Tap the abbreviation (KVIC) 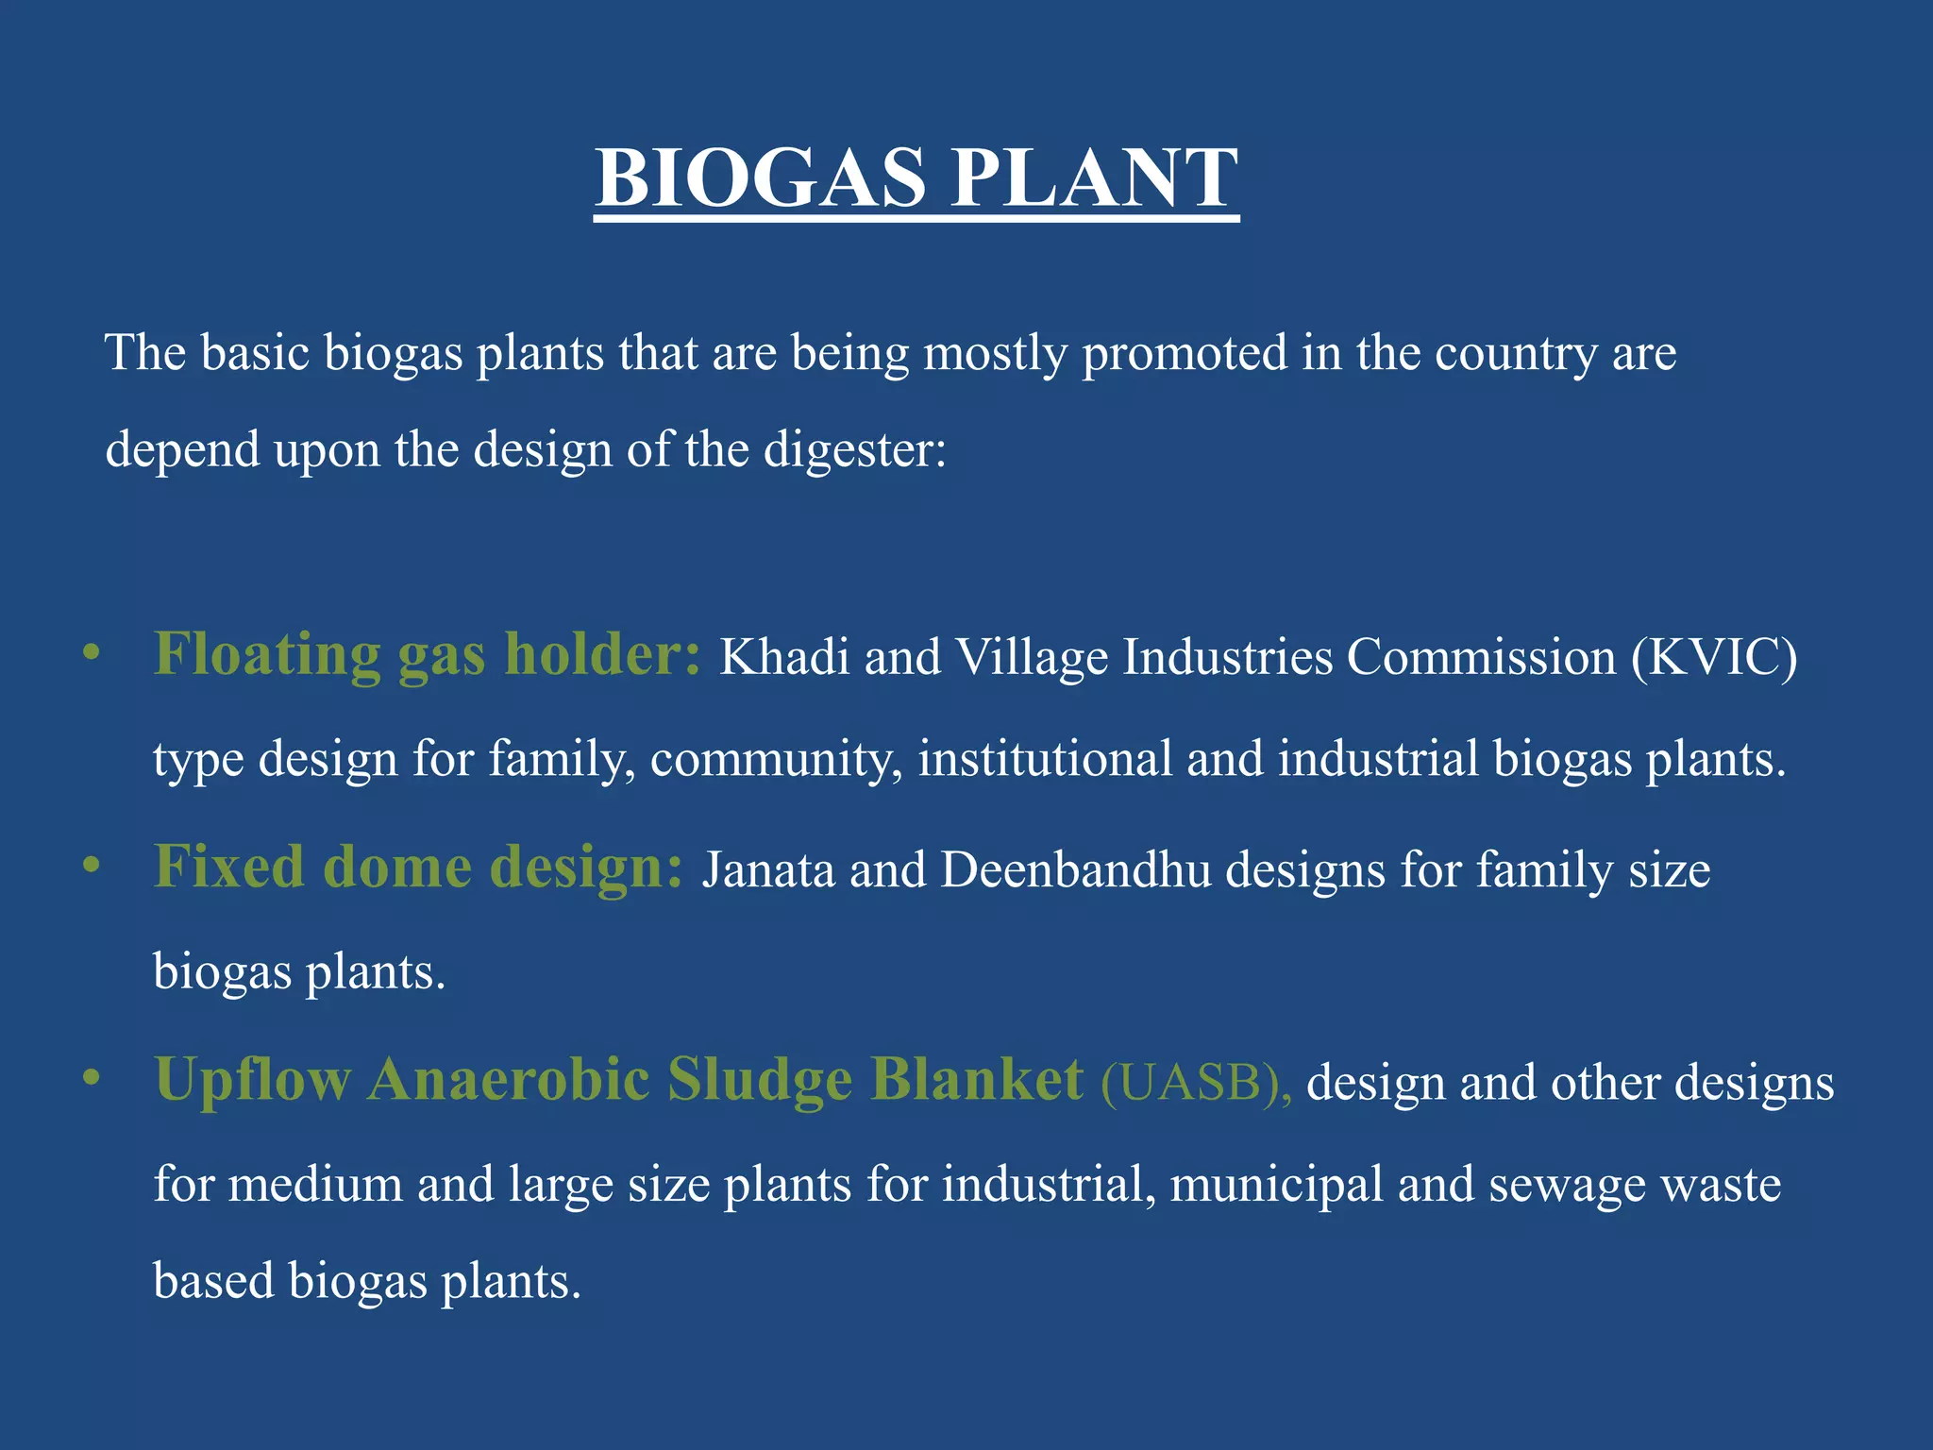[x=1714, y=656]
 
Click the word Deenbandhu [x=1075, y=869]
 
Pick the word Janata [x=768, y=869]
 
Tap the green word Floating [x=267, y=654]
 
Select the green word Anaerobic [x=509, y=1079]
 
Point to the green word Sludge [x=760, y=1079]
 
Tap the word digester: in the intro [x=854, y=449]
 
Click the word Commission [x=1481, y=656]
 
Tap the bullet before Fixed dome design [x=91, y=866]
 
